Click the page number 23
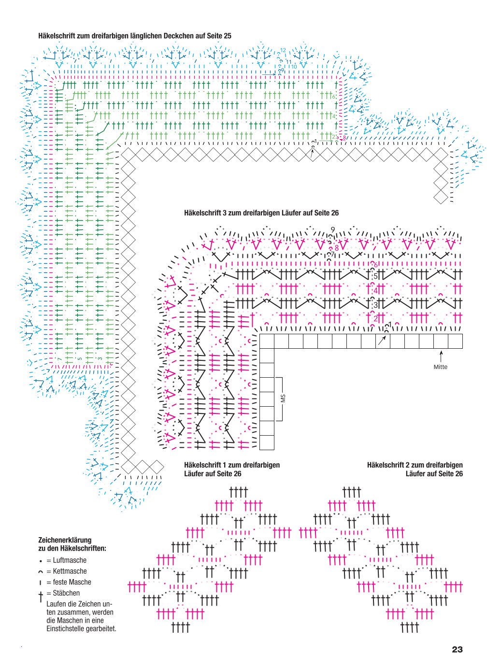[457, 650]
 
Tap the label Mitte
[441, 367]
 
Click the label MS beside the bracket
[284, 398]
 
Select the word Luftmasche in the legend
[70, 560]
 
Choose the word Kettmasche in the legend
[70, 571]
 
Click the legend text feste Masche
[72, 582]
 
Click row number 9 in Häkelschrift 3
[333, 230]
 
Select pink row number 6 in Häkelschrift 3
[375, 265]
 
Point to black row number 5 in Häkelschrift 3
[375, 276]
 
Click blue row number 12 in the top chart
[283, 50]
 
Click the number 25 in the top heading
[228, 36]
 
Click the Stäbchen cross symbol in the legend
[41, 597]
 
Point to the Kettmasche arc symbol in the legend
[40, 572]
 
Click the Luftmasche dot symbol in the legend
[41, 561]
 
